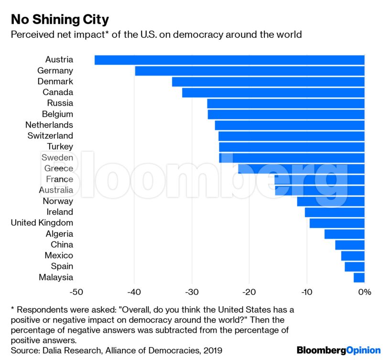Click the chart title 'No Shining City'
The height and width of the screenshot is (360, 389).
(60, 20)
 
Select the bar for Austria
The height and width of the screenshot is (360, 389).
(229, 60)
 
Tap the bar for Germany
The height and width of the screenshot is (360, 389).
(249, 71)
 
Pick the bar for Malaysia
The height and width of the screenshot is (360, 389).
(359, 277)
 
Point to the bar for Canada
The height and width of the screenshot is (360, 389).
(273, 92)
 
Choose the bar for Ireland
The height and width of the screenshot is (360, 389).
(335, 212)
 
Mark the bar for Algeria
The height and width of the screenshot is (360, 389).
(344, 234)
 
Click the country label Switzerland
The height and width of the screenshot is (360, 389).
(50, 136)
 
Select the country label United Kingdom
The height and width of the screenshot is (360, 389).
(42, 223)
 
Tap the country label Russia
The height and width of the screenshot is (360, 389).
(60, 103)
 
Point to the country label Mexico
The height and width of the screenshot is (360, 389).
(59, 255)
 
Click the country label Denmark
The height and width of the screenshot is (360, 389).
(55, 81)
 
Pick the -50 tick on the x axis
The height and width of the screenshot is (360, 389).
(76, 292)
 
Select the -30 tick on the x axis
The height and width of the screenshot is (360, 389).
(192, 292)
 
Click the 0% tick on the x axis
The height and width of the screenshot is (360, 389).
(364, 292)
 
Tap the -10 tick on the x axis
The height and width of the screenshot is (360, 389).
(307, 292)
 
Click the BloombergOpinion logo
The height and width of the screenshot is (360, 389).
(338, 350)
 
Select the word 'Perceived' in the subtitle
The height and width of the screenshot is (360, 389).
(32, 34)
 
